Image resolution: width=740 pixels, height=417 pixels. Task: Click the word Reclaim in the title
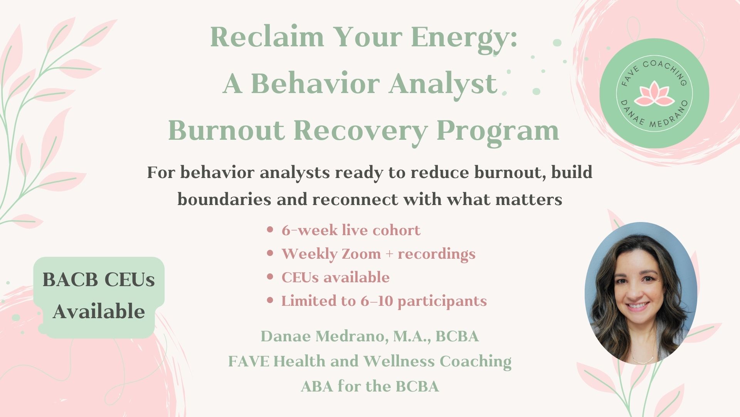tap(267, 37)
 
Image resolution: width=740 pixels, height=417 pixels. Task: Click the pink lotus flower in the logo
tap(654, 94)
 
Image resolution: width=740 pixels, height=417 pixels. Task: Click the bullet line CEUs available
tap(335, 278)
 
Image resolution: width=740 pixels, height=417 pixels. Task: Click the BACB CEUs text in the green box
tap(99, 280)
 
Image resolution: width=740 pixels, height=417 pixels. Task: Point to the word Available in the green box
tap(99, 311)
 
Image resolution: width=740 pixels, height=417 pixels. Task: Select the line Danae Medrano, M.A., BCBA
tap(370, 336)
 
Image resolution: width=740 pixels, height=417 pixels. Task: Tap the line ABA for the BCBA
tap(370, 386)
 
